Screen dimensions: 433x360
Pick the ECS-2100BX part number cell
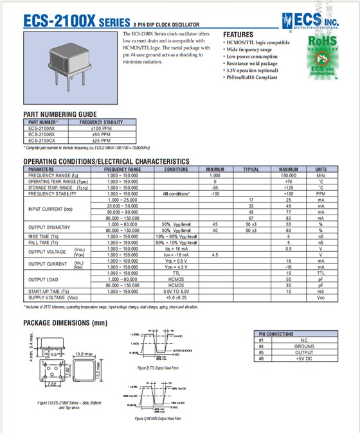point(42,134)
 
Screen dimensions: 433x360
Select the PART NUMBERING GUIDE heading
point(60,114)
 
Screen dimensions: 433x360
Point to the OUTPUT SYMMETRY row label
point(50,227)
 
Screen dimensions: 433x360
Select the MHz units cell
point(320,175)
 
